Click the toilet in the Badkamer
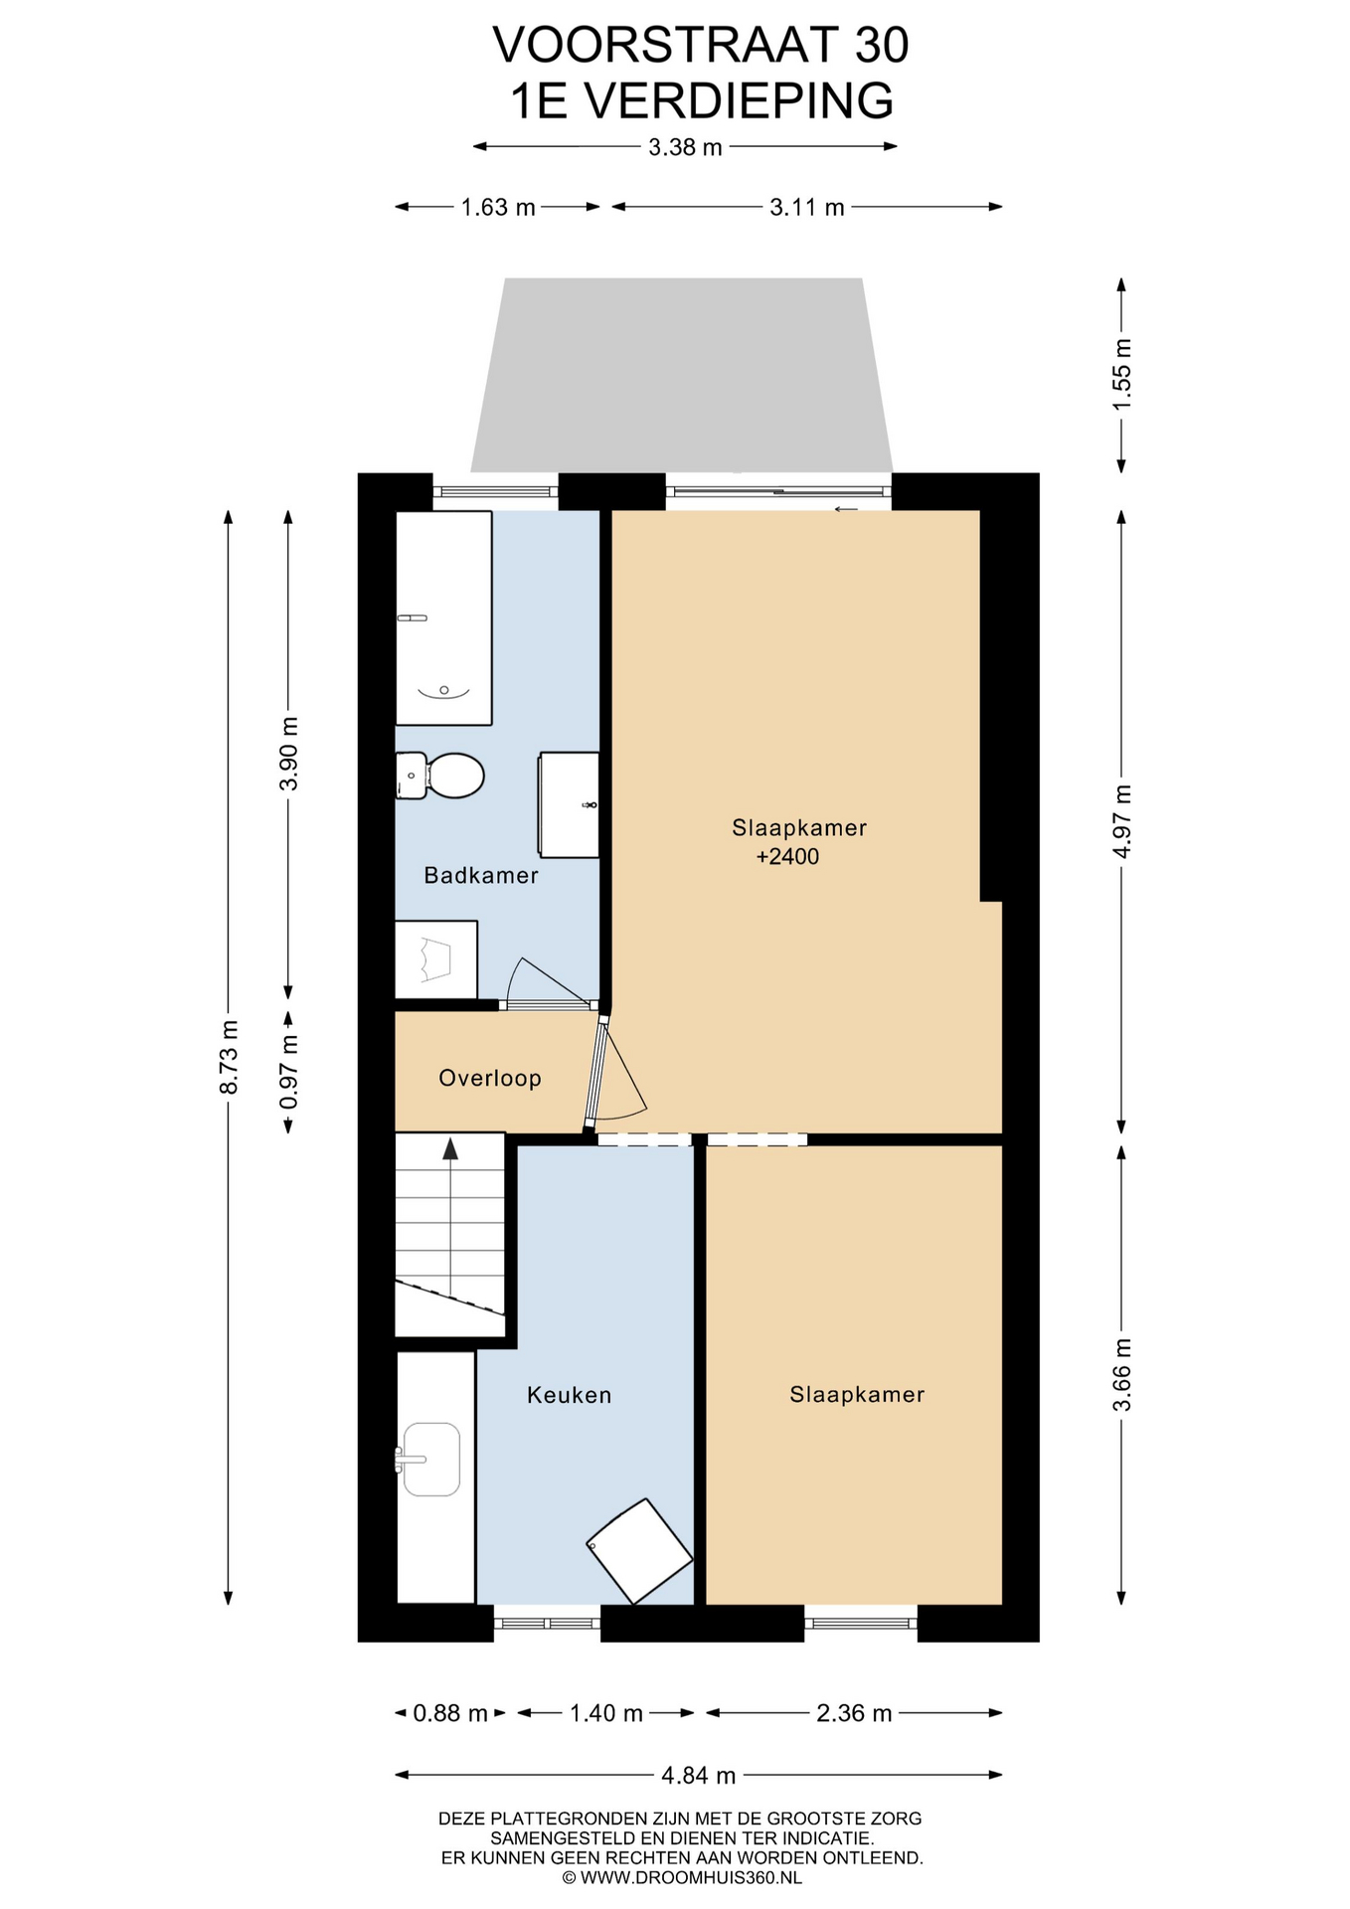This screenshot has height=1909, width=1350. [x=440, y=776]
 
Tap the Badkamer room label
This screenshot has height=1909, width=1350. [x=481, y=875]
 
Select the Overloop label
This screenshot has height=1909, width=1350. [x=490, y=1078]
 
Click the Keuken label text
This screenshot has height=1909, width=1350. [x=569, y=1395]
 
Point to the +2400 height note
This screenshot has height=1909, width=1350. [x=787, y=857]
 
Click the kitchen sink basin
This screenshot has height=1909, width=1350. [x=430, y=1459]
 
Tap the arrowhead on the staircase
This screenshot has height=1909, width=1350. [x=450, y=1148]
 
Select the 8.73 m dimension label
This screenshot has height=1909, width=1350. [x=229, y=1057]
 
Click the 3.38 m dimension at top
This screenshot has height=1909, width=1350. [x=685, y=148]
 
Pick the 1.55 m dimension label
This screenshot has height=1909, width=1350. [x=1121, y=375]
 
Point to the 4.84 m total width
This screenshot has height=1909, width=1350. [x=699, y=1775]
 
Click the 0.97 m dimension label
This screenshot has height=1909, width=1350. [x=288, y=1072]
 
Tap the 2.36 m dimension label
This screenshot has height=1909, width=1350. [x=854, y=1713]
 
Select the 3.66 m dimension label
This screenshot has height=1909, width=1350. [x=1121, y=1374]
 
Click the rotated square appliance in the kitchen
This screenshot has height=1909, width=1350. [x=639, y=1551]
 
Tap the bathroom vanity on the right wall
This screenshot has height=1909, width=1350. [x=569, y=804]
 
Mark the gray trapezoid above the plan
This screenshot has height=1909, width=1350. [x=682, y=375]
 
